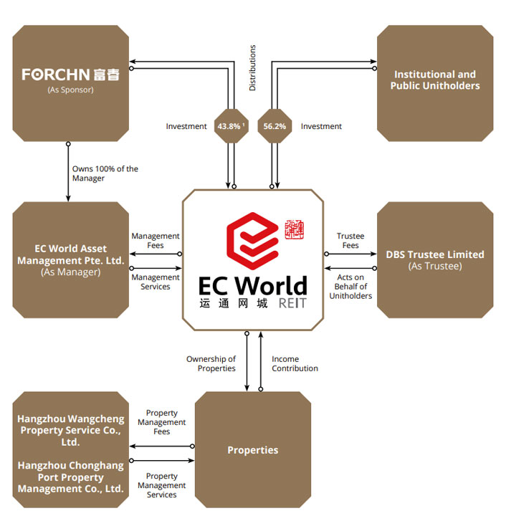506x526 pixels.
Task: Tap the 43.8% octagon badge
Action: tap(231, 126)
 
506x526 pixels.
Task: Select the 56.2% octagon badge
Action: tap(275, 126)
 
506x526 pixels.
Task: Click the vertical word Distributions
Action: tap(252, 68)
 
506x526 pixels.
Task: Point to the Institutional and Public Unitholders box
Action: tap(435, 80)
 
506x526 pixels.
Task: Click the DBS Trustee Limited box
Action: tap(435, 259)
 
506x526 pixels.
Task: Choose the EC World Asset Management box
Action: tap(70, 259)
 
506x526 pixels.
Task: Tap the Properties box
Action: tap(252, 450)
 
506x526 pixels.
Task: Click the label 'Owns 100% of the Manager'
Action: tap(105, 173)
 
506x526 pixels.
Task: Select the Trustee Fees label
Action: tap(350, 241)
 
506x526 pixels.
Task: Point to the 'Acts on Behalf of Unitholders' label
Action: tap(350, 286)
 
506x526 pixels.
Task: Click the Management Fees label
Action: tap(156, 241)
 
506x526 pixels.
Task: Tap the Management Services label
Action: tap(156, 282)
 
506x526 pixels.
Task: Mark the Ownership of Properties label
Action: tap(211, 363)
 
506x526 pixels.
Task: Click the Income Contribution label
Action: tap(295, 363)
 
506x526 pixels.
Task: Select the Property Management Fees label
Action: tap(162, 422)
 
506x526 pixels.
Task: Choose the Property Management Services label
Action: tap(162, 485)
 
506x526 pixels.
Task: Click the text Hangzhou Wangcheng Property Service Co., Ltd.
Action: tap(70, 430)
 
